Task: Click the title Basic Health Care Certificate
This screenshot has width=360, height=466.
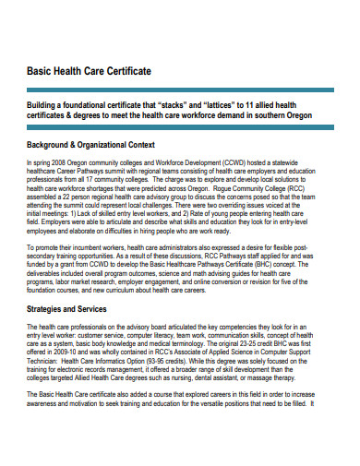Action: coord(89,71)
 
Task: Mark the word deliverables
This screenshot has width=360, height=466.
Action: coord(50,273)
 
